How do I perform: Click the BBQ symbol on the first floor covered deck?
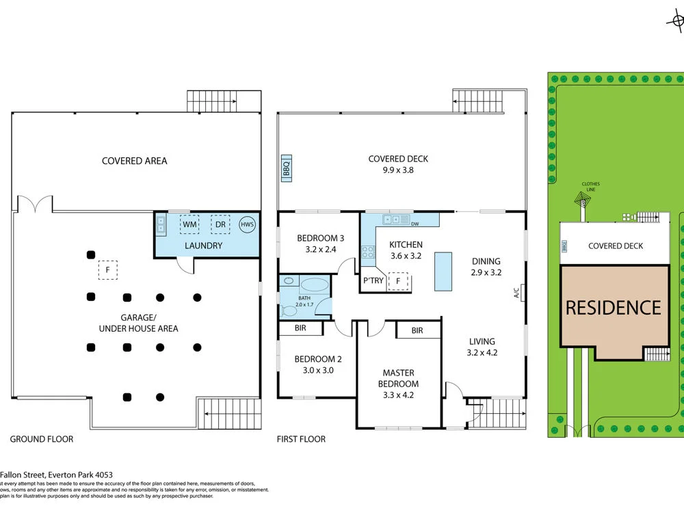click(286, 168)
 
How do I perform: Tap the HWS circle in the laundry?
click(247, 224)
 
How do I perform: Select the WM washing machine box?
click(189, 224)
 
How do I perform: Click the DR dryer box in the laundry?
click(220, 224)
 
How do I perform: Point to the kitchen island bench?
click(443, 270)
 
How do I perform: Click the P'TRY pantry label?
click(373, 280)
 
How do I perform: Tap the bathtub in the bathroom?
click(314, 286)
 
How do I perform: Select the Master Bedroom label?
click(399, 378)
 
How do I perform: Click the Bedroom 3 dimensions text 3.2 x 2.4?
click(317, 250)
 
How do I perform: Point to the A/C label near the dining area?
click(518, 291)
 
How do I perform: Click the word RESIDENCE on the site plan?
click(614, 308)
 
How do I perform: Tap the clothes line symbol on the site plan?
click(582, 200)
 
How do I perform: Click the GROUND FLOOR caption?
click(42, 439)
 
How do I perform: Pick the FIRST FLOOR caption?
click(301, 439)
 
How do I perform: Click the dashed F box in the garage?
click(107, 270)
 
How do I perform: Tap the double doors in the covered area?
click(34, 204)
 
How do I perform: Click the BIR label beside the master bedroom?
click(417, 330)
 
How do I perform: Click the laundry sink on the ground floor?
click(161, 222)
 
